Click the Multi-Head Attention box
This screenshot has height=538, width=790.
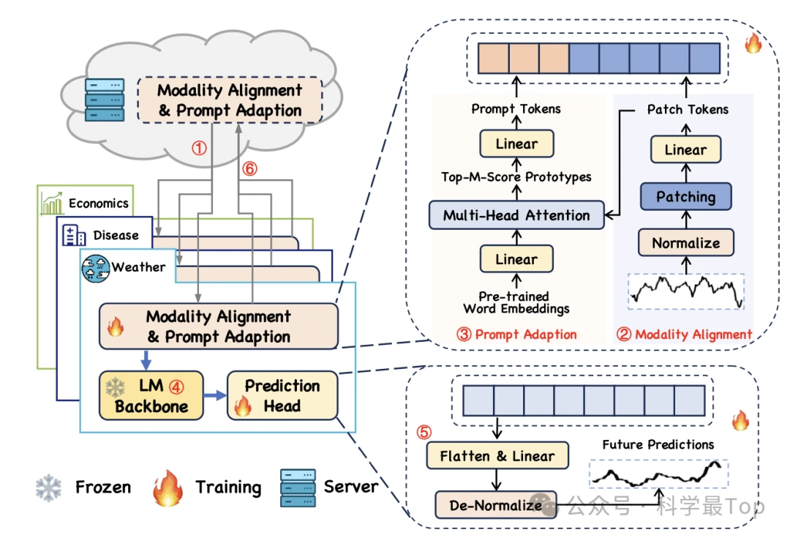tap(516, 215)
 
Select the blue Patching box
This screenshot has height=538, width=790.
tap(685, 197)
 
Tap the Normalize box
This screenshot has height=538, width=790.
tap(685, 242)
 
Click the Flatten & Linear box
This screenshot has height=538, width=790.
tap(497, 456)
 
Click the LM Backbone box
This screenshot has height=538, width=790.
tap(151, 396)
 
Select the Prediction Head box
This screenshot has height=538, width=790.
tap(282, 396)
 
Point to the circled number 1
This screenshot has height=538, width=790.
tap(199, 148)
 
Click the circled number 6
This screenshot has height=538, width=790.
tap(250, 168)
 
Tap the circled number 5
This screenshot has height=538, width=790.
tap(424, 432)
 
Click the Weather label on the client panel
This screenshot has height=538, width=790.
tap(138, 267)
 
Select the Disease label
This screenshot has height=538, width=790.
tap(116, 235)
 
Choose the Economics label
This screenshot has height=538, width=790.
tap(98, 203)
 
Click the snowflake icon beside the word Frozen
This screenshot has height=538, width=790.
tap(49, 487)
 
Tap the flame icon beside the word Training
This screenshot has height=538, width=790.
tap(168, 486)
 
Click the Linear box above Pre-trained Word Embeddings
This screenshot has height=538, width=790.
tap(516, 259)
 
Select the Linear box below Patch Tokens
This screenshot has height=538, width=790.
tap(685, 150)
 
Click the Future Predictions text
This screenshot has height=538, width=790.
tap(658, 444)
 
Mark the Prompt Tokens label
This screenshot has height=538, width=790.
tap(516, 109)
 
